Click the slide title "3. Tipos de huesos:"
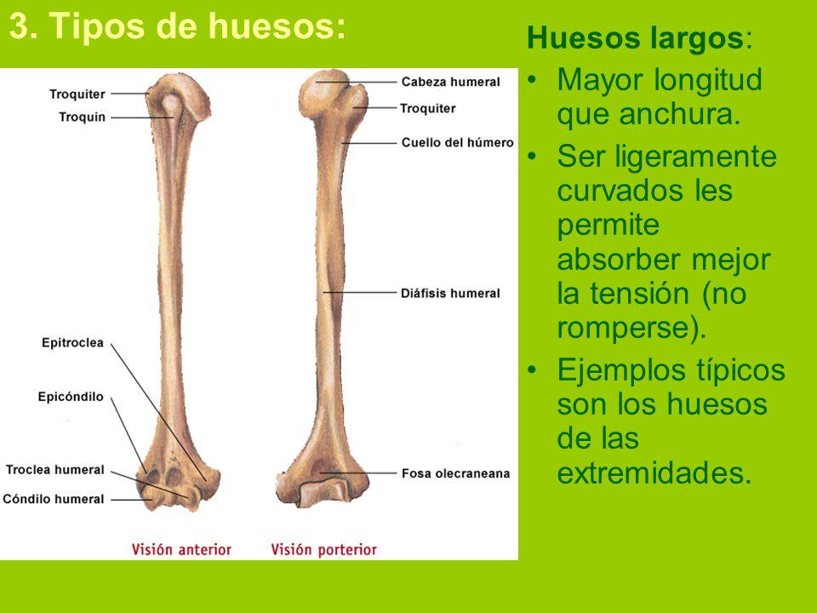click(x=177, y=26)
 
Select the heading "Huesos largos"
click(x=635, y=38)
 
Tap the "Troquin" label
click(x=82, y=117)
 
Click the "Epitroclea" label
click(x=72, y=342)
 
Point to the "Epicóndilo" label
click(x=71, y=397)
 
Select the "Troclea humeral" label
click(x=55, y=470)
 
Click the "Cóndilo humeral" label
click(x=53, y=499)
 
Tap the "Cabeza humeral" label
click(x=451, y=82)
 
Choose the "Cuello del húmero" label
click(x=458, y=142)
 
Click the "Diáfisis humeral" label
click(x=450, y=293)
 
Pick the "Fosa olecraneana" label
click(x=455, y=473)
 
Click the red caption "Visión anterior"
click(x=181, y=549)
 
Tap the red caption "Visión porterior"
click(x=323, y=549)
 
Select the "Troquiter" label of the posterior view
click(x=428, y=108)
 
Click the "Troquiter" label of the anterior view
click(x=77, y=95)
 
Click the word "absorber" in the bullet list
click(x=620, y=259)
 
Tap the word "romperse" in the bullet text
click(x=626, y=328)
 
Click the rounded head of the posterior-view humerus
click(x=324, y=93)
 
